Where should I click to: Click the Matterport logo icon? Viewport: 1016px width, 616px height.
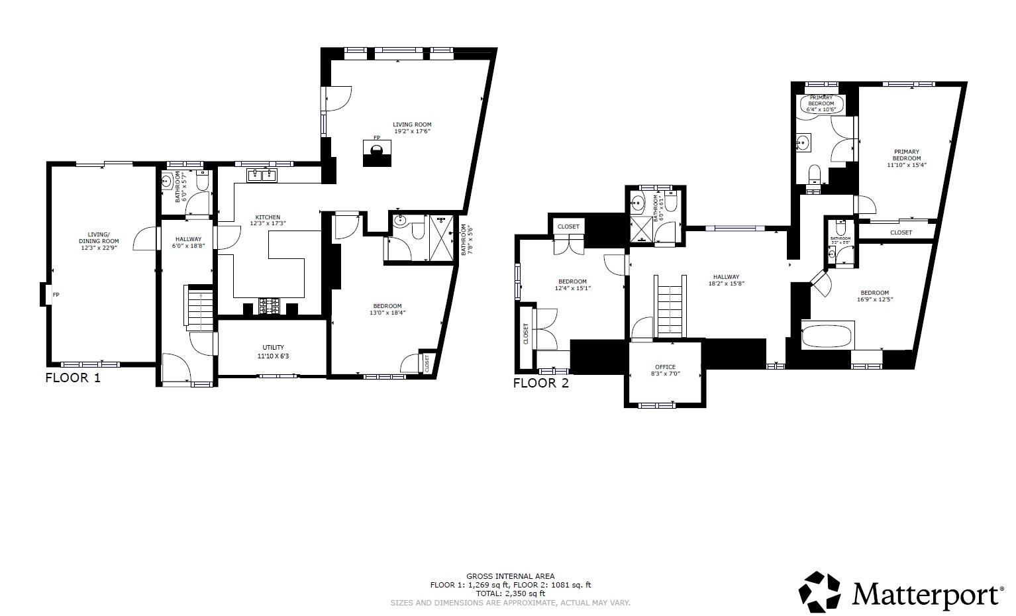(x=821, y=591)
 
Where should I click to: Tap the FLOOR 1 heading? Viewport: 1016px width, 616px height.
(x=73, y=378)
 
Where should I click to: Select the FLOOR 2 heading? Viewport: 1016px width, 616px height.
(x=540, y=383)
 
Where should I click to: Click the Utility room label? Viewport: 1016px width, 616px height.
(x=273, y=347)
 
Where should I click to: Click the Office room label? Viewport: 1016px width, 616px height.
(x=665, y=367)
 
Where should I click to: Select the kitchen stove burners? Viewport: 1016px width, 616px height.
(x=270, y=307)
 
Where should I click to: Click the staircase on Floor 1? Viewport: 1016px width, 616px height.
(x=199, y=308)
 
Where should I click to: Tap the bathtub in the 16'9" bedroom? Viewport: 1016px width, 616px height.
(x=827, y=336)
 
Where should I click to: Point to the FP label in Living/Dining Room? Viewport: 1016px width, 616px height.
(x=56, y=295)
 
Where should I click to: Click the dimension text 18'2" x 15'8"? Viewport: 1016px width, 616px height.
(x=726, y=284)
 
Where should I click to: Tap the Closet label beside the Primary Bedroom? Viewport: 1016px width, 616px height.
(x=901, y=232)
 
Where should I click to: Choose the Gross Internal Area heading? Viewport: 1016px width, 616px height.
(x=510, y=576)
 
